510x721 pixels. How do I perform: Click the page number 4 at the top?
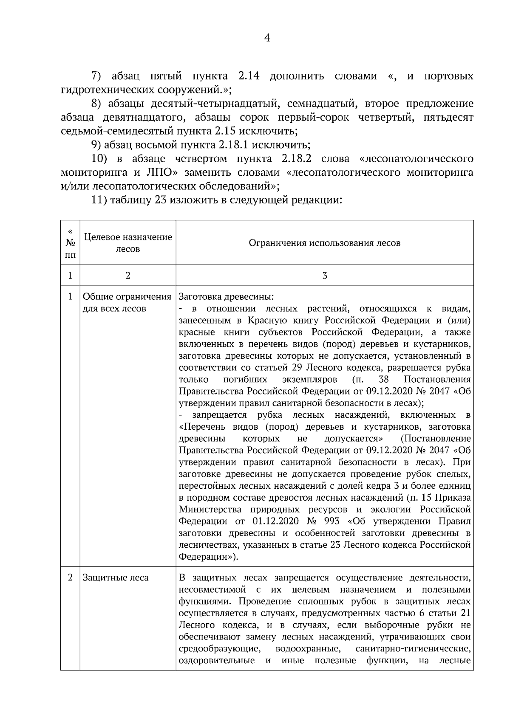(267, 38)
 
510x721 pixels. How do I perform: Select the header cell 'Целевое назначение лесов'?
(128, 243)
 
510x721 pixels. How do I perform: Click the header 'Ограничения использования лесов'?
(324, 243)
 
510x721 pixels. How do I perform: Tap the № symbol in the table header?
(70, 243)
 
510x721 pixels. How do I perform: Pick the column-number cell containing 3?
(324, 276)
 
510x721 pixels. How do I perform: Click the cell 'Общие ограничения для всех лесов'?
(127, 302)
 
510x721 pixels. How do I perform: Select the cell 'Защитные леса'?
(116, 578)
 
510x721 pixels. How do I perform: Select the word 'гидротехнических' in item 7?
(108, 90)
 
